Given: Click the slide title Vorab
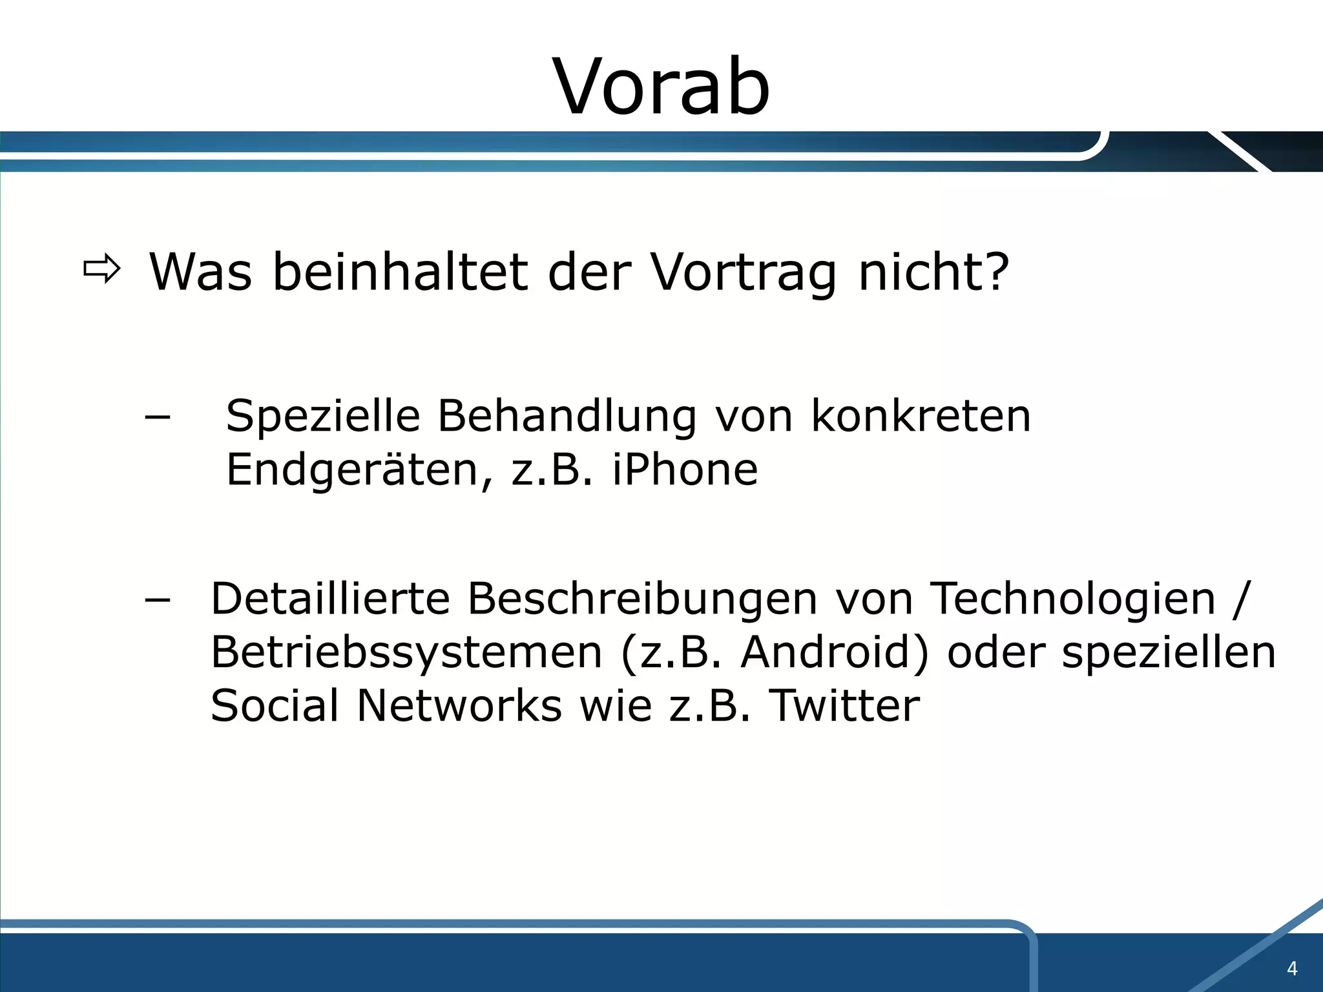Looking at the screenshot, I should click(661, 87).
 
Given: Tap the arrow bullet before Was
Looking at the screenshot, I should click(102, 269).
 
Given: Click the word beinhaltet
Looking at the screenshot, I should click(400, 273).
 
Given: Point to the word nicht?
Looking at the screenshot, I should click(933, 273).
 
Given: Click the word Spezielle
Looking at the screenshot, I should click(323, 417).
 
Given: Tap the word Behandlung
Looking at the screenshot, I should click(567, 417).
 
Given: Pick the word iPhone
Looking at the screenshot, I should click(685, 470).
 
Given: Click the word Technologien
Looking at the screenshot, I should click(1073, 599).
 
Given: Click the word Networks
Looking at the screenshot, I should click(459, 705).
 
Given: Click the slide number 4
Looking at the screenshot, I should click(1292, 969).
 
